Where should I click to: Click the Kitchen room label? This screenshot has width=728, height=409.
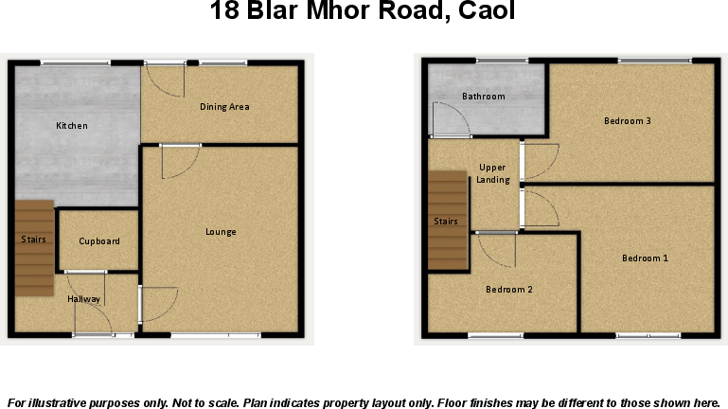click(x=72, y=126)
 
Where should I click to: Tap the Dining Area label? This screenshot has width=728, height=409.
click(x=224, y=107)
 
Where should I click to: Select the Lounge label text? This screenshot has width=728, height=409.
click(x=222, y=232)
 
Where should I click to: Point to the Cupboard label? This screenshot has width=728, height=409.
click(x=99, y=241)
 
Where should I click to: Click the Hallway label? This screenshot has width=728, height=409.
click(x=83, y=299)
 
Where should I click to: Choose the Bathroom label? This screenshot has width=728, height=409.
click(x=483, y=97)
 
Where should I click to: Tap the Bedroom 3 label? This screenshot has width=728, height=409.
click(x=628, y=121)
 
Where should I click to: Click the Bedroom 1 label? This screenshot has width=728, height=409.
click(x=645, y=258)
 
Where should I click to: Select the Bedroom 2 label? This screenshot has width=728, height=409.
click(x=509, y=290)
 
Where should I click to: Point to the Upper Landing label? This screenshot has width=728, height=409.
click(x=493, y=173)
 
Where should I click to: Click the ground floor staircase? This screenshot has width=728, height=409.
click(x=33, y=247)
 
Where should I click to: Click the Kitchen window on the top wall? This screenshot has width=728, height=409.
click(x=75, y=62)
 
